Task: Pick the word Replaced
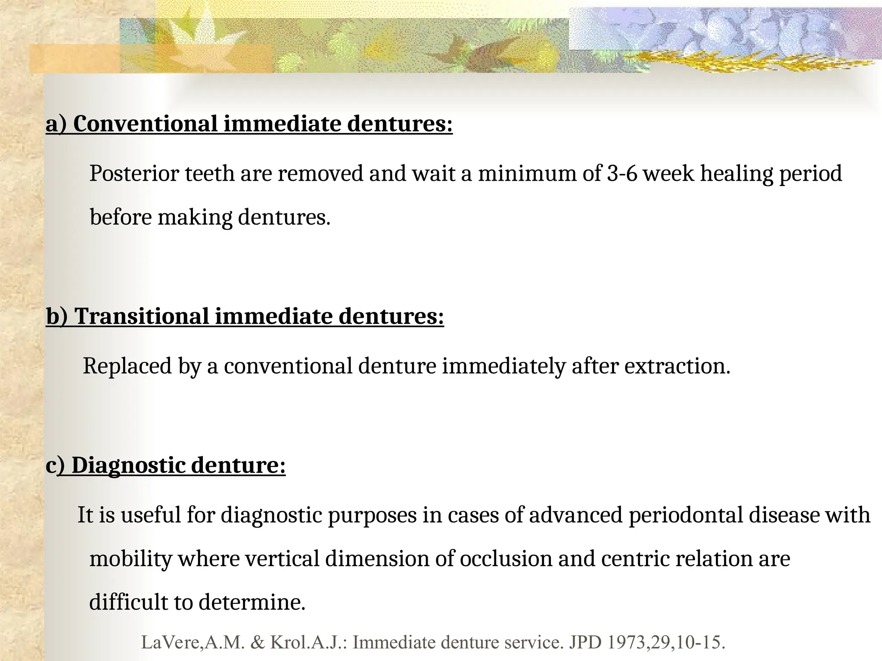127,366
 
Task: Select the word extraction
677,366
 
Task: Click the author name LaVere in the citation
170,642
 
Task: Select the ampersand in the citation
258,642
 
